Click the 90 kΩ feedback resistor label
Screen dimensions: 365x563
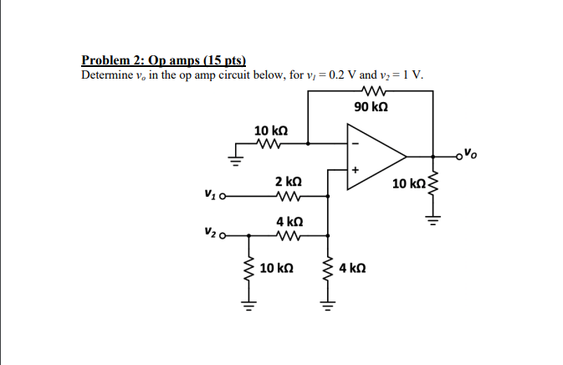[371, 107]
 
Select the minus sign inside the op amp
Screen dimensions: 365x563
[355, 143]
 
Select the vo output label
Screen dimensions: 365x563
[473, 153]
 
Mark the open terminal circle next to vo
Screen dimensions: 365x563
[459, 156]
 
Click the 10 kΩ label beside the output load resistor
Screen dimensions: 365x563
[408, 183]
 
